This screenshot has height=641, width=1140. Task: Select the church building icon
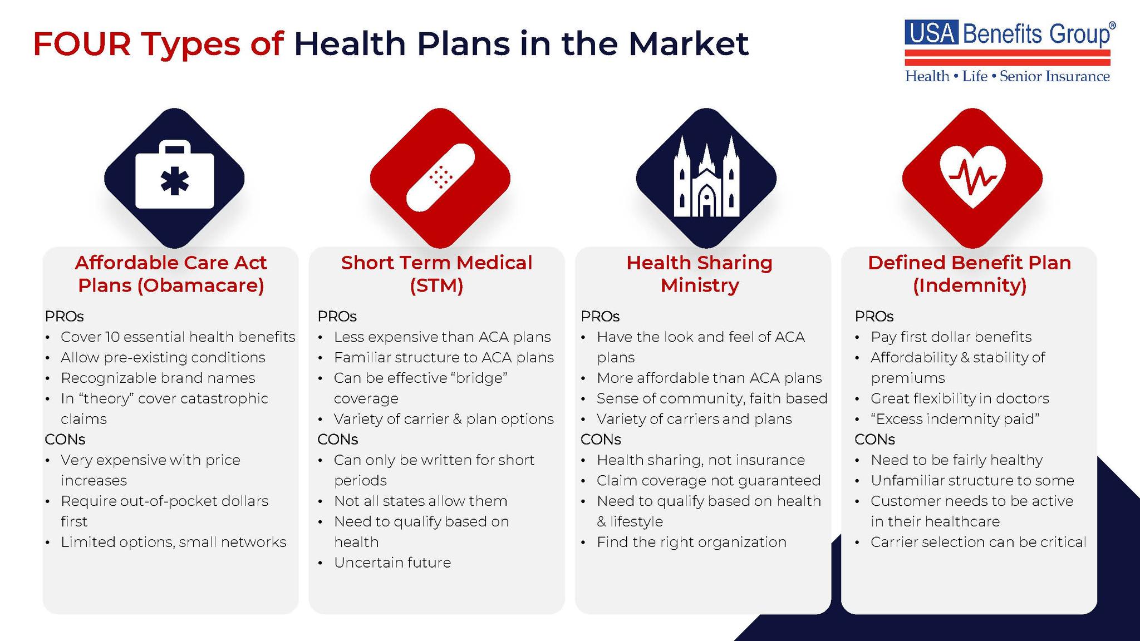click(x=706, y=177)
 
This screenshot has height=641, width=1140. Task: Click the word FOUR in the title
click(x=82, y=44)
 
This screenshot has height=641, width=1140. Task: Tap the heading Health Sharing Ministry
click(x=700, y=274)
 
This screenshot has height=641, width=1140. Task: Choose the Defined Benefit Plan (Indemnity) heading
click(x=969, y=274)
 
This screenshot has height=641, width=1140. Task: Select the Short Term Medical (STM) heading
click(x=436, y=274)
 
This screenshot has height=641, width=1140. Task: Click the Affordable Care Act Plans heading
click(x=171, y=274)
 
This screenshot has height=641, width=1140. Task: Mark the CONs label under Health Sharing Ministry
click(x=601, y=439)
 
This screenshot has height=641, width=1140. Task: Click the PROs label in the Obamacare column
click(x=64, y=316)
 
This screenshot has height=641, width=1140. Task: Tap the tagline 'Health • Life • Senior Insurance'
click(x=1008, y=76)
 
